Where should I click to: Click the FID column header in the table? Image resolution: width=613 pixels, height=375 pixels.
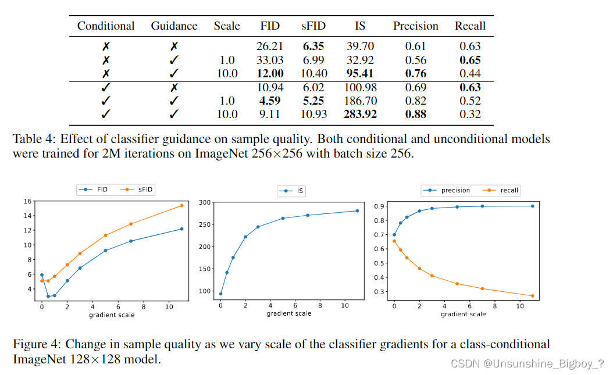(270, 26)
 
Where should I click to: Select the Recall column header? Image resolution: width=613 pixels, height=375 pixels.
(470, 26)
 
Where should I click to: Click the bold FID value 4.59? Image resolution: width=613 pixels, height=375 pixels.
(270, 101)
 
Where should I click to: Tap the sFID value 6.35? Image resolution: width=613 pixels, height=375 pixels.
(313, 47)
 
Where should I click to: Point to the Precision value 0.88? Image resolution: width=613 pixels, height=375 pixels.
(415, 115)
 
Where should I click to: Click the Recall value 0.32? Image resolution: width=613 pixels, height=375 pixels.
(470, 115)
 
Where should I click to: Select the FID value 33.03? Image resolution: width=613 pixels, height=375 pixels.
(270, 60)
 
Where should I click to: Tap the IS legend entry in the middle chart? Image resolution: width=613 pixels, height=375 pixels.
(296, 191)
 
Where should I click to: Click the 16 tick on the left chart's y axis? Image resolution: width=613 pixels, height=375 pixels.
(27, 201)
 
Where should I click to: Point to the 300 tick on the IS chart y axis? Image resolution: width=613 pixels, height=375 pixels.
(205, 202)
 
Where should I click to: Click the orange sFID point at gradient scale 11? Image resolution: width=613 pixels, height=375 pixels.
(181, 205)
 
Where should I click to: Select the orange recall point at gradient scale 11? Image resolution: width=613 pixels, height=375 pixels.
(532, 296)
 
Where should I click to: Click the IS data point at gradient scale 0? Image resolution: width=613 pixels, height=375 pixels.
(220, 294)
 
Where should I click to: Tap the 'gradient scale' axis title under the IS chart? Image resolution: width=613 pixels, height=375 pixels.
(289, 314)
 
